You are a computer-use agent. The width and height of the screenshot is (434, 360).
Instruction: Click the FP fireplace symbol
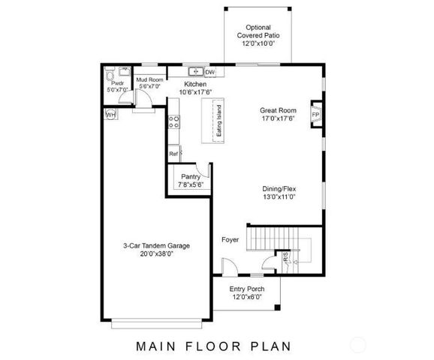coord(316,114)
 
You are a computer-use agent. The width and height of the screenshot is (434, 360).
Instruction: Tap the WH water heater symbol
coord(110,115)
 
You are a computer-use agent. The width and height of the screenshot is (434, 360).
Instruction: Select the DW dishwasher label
coord(209,72)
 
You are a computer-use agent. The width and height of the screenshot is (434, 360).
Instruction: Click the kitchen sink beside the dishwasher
coord(195,72)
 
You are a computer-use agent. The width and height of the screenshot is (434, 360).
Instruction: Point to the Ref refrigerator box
coord(173,154)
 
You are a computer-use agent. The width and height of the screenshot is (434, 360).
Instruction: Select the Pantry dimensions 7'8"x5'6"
coord(191,184)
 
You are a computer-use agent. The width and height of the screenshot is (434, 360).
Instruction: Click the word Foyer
coord(230,240)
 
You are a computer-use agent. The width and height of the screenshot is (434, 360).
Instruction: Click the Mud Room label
coord(150,79)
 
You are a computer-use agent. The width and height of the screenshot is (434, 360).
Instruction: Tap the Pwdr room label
coord(117,84)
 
